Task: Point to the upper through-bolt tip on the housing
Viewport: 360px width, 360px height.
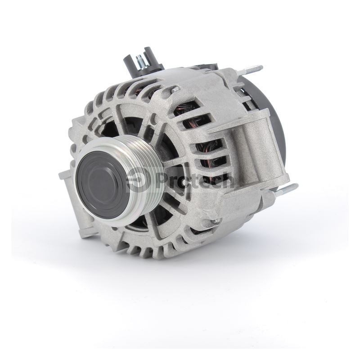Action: point(175,89)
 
